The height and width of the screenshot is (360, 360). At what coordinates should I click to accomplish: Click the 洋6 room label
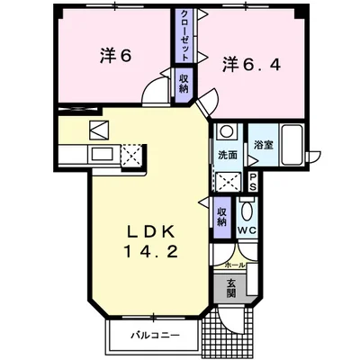(x=115, y=56)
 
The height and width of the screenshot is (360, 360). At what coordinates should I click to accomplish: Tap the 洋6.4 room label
(x=251, y=65)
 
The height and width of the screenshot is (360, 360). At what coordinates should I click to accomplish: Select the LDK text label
(x=151, y=232)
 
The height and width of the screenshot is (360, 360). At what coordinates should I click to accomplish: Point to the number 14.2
(x=151, y=251)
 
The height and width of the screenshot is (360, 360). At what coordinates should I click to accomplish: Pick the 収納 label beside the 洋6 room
(x=184, y=84)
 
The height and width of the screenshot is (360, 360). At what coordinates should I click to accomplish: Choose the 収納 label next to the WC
(x=222, y=217)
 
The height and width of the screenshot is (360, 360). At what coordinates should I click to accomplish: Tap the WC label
(x=247, y=230)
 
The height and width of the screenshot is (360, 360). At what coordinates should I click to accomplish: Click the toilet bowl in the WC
(x=247, y=211)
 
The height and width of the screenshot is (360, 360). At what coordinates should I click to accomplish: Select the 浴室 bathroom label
(x=264, y=145)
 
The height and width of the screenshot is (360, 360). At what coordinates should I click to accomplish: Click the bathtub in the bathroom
(x=292, y=145)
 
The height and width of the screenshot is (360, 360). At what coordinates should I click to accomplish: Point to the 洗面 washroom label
(x=228, y=155)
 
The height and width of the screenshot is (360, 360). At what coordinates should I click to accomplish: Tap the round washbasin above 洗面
(x=226, y=131)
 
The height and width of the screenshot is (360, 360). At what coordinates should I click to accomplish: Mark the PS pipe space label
(x=253, y=183)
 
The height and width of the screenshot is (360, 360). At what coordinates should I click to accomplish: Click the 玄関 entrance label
(x=230, y=288)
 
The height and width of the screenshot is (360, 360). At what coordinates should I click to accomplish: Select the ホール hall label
(x=235, y=265)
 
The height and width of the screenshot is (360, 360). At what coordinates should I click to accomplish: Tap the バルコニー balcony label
(x=155, y=335)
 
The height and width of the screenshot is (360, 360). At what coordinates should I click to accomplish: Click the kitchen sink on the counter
(x=103, y=155)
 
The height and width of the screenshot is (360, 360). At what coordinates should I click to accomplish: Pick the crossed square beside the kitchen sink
(x=131, y=155)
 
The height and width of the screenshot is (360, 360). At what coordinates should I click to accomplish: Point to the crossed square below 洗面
(x=229, y=181)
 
